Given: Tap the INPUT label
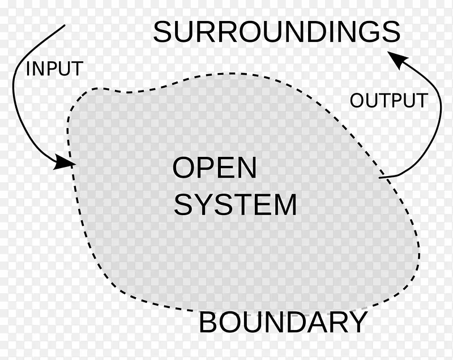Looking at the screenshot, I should click(54, 69).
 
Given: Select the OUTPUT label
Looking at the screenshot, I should click(388, 101).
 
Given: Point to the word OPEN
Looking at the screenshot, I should click(215, 168).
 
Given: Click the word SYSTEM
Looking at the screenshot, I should click(235, 205).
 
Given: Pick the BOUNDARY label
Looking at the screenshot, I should click(283, 323).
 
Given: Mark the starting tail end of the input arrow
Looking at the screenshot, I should click(65, 25).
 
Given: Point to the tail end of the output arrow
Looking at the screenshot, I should click(379, 178).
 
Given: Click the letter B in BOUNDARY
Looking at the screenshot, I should click(208, 323).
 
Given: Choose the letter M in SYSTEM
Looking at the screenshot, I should click(284, 205).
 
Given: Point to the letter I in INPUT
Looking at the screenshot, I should click(28, 69).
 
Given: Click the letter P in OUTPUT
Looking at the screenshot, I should click(396, 101).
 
